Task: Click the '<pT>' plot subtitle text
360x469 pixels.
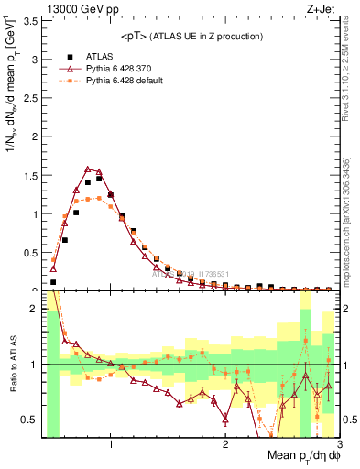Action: coord(136,36)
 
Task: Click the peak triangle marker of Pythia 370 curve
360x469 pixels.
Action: coord(88,169)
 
